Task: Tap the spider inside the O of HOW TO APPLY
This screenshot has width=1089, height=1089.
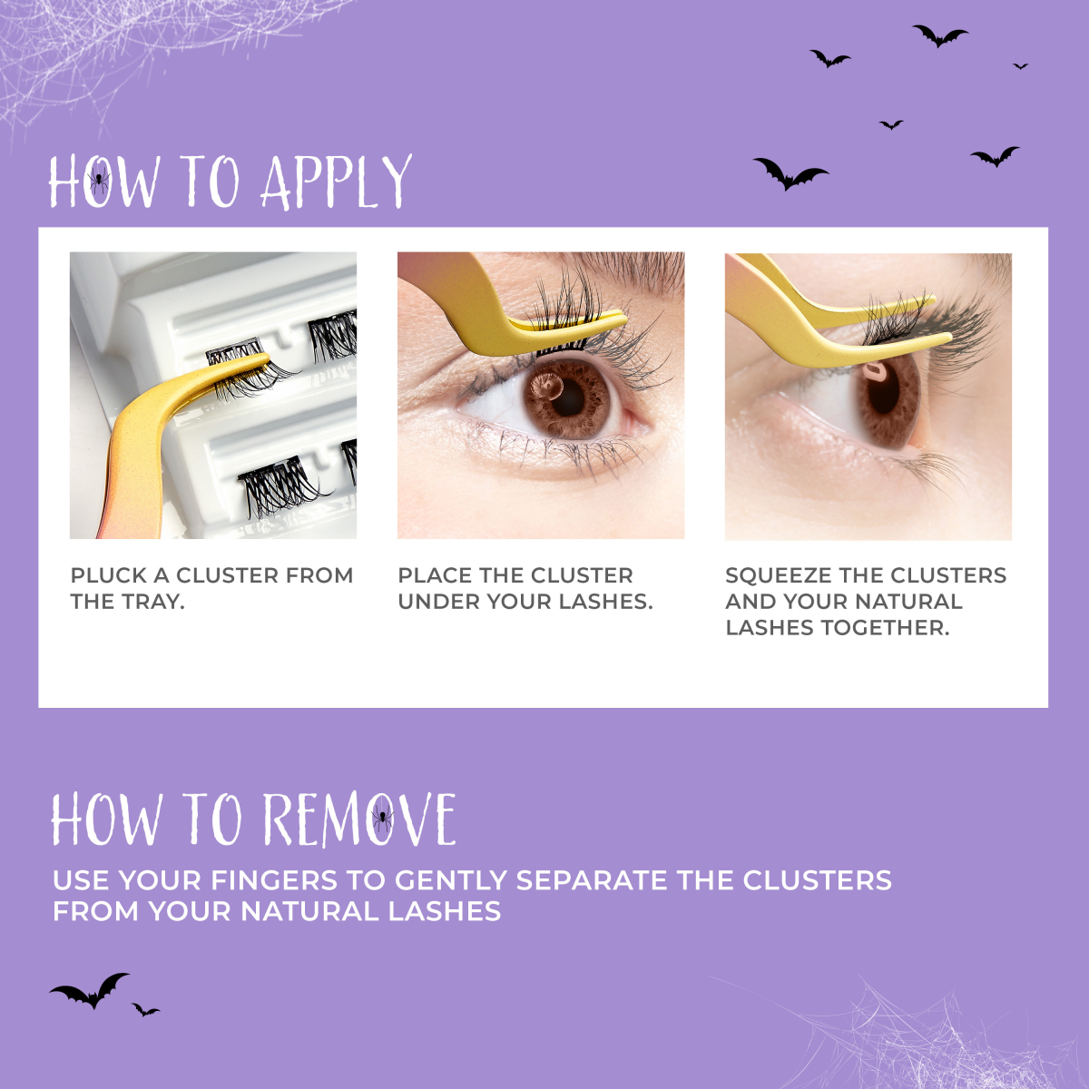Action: (x=100, y=181)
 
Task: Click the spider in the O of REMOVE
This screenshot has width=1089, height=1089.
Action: (x=383, y=817)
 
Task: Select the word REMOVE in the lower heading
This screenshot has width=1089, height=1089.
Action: (x=360, y=819)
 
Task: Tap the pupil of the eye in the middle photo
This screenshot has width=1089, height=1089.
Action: (x=568, y=398)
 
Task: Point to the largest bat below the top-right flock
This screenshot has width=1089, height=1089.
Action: (x=790, y=173)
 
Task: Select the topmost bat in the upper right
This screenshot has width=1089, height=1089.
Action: (x=940, y=35)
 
